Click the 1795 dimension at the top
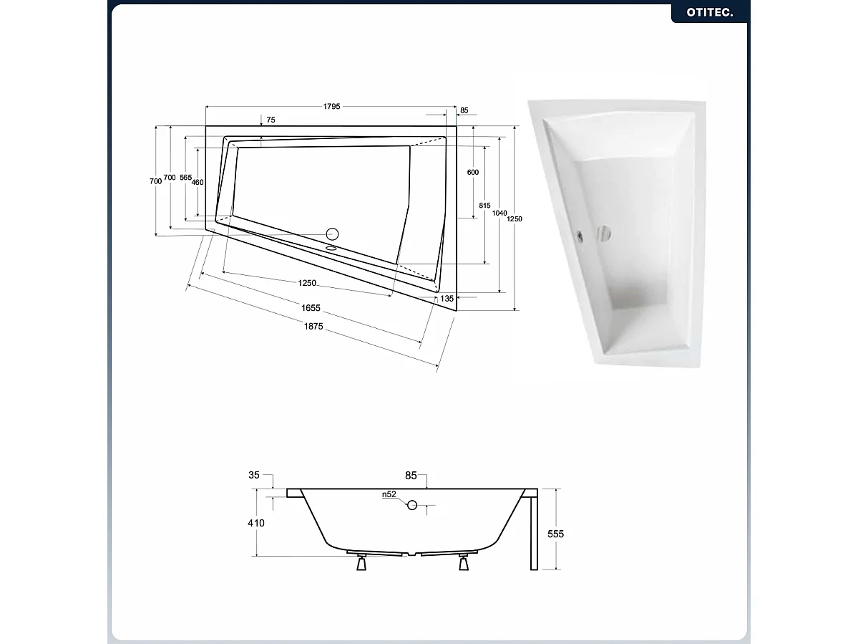point(331,107)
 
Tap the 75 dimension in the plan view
point(270,120)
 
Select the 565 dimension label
point(185,177)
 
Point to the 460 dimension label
point(198,183)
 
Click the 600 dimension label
point(473,173)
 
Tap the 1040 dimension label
point(499,213)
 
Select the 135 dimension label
point(447,298)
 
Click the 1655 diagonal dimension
point(310,308)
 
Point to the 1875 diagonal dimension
point(313,326)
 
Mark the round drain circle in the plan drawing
point(331,233)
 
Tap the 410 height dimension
point(255,523)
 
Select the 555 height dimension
point(555,534)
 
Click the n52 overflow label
point(389,494)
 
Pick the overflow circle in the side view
point(411,505)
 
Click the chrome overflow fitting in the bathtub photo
point(579,234)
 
